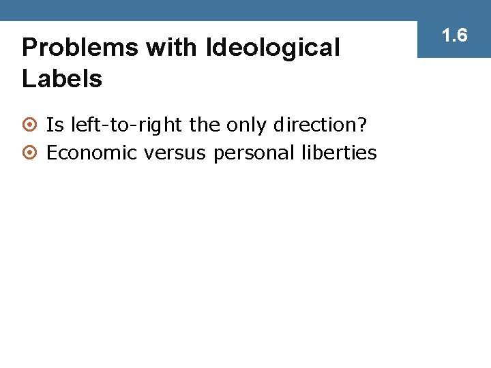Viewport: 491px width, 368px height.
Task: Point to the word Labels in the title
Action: [x=62, y=79]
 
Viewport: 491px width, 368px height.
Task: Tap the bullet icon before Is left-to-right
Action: [x=29, y=126]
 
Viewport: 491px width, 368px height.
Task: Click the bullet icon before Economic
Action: [x=29, y=153]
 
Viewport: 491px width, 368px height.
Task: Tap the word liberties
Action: [x=338, y=153]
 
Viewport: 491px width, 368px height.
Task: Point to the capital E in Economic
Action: [x=52, y=153]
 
